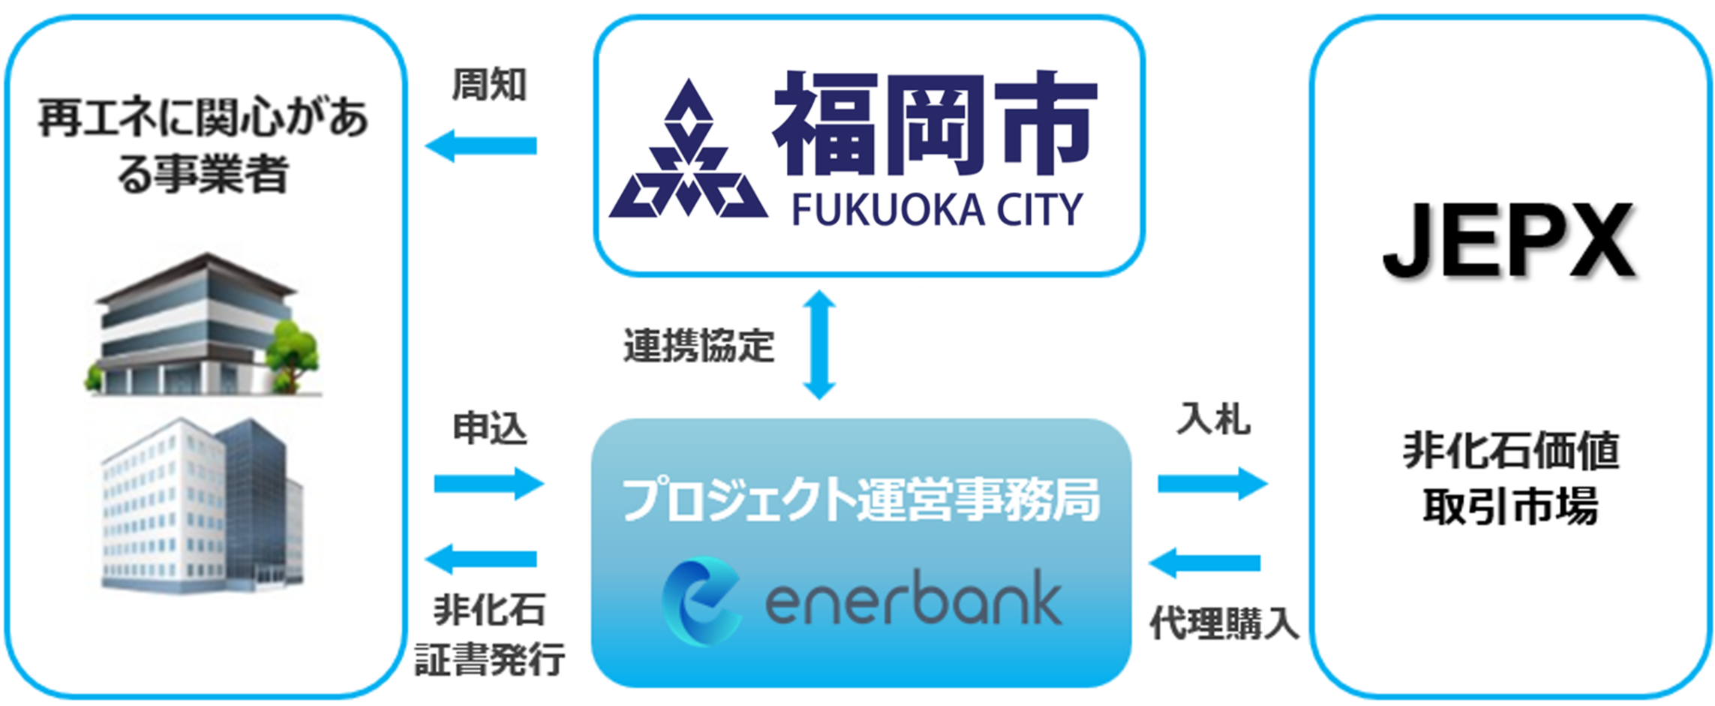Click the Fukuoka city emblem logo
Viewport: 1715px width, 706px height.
point(688,154)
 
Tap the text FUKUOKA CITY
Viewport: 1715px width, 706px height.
point(937,209)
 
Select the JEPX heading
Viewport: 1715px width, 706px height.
point(1509,242)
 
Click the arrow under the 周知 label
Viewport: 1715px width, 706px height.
point(482,146)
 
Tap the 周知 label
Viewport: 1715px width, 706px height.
point(489,85)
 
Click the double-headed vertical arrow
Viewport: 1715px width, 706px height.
point(819,345)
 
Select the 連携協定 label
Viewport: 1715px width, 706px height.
point(698,346)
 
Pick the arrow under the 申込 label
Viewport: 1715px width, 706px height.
point(488,483)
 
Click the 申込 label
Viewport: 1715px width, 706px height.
point(490,428)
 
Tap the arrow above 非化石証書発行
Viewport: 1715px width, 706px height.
point(482,559)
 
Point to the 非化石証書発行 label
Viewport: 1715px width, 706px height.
point(490,634)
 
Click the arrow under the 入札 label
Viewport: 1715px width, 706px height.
point(1212,483)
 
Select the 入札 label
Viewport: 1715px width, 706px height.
point(1213,419)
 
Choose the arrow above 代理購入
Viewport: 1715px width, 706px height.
point(1205,563)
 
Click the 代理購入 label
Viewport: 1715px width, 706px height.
point(1224,623)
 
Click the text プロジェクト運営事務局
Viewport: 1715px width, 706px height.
point(861,500)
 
